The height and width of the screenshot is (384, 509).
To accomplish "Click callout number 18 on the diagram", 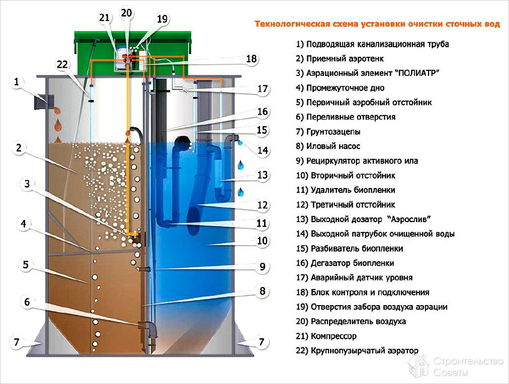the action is click(x=251, y=59).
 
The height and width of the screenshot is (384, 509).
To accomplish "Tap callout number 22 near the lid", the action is click(x=62, y=64).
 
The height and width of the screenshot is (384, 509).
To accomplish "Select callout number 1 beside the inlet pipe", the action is click(x=16, y=82).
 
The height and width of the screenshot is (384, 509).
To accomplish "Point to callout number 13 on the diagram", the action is click(x=262, y=175).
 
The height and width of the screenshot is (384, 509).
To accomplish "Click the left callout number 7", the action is click(x=16, y=342).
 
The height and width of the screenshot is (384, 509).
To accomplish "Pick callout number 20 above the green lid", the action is click(x=126, y=13).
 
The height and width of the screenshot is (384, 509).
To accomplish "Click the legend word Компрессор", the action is click(x=333, y=336).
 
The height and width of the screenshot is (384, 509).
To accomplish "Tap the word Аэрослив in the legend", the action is click(x=408, y=219).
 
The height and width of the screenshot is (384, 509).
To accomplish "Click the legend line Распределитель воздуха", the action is click(x=359, y=321).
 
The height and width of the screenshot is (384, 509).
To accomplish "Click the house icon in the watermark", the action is click(x=418, y=367).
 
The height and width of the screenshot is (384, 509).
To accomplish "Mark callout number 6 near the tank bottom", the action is click(x=27, y=302).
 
